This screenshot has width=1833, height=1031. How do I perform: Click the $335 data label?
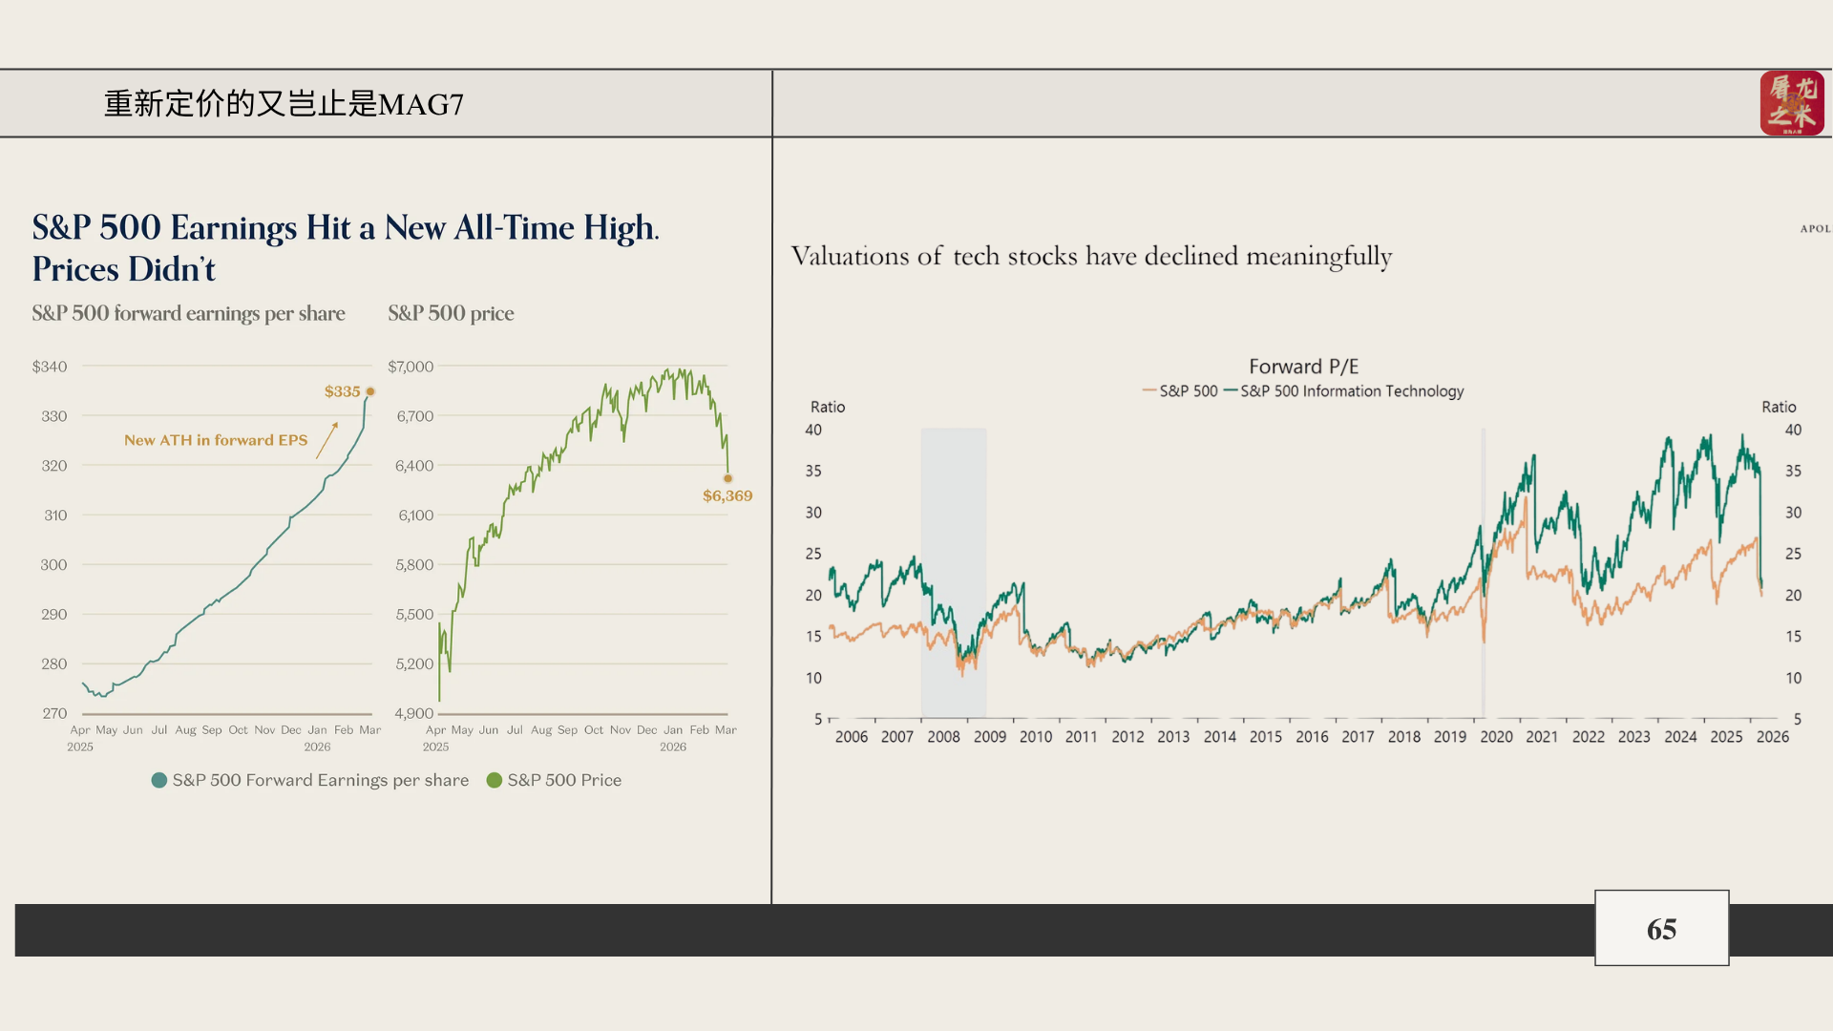(342, 391)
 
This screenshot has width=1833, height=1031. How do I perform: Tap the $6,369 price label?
(727, 495)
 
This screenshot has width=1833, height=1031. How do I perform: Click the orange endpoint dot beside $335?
(370, 391)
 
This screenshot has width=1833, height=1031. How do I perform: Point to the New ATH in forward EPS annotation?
(216, 440)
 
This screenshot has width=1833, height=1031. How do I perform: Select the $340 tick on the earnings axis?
(50, 367)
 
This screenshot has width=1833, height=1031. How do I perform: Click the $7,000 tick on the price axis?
(411, 367)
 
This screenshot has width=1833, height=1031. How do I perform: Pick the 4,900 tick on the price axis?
(414, 713)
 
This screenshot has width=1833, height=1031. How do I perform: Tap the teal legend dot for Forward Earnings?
(159, 780)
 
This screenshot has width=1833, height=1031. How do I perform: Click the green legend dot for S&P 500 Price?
(495, 780)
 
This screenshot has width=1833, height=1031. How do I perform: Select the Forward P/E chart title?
(1303, 367)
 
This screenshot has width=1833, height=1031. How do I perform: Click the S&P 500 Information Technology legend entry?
(1351, 391)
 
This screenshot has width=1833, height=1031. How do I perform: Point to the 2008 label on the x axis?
(943, 737)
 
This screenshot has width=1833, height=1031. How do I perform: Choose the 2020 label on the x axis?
(1496, 737)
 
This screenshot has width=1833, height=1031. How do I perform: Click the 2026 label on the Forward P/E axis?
(1773, 737)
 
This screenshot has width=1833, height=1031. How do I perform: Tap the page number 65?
(1661, 929)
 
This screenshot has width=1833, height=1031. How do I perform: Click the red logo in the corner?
(1792, 103)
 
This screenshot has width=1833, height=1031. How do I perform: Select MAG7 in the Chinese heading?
(421, 104)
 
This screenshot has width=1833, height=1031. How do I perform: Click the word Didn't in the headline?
(172, 270)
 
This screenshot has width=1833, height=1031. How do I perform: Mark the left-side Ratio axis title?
(828, 407)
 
